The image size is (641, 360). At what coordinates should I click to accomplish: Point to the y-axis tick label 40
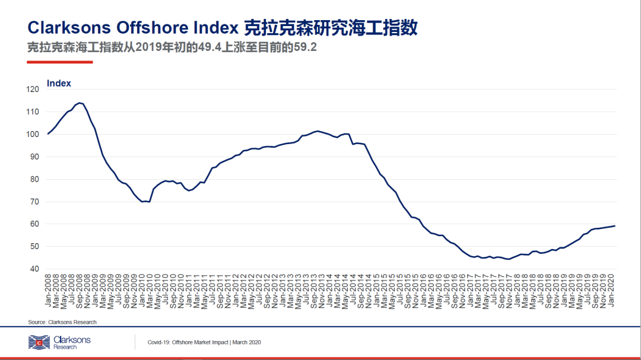point(34,269)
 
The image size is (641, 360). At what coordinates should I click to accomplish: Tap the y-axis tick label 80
point(34,179)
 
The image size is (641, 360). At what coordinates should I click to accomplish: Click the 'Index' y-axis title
point(59,84)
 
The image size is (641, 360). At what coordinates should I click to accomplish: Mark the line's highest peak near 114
point(80,103)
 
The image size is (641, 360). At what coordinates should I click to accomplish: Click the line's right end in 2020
point(614,226)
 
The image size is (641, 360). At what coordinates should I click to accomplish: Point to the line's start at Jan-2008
point(48,133)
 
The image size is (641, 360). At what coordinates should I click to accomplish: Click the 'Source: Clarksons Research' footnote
point(62,322)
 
